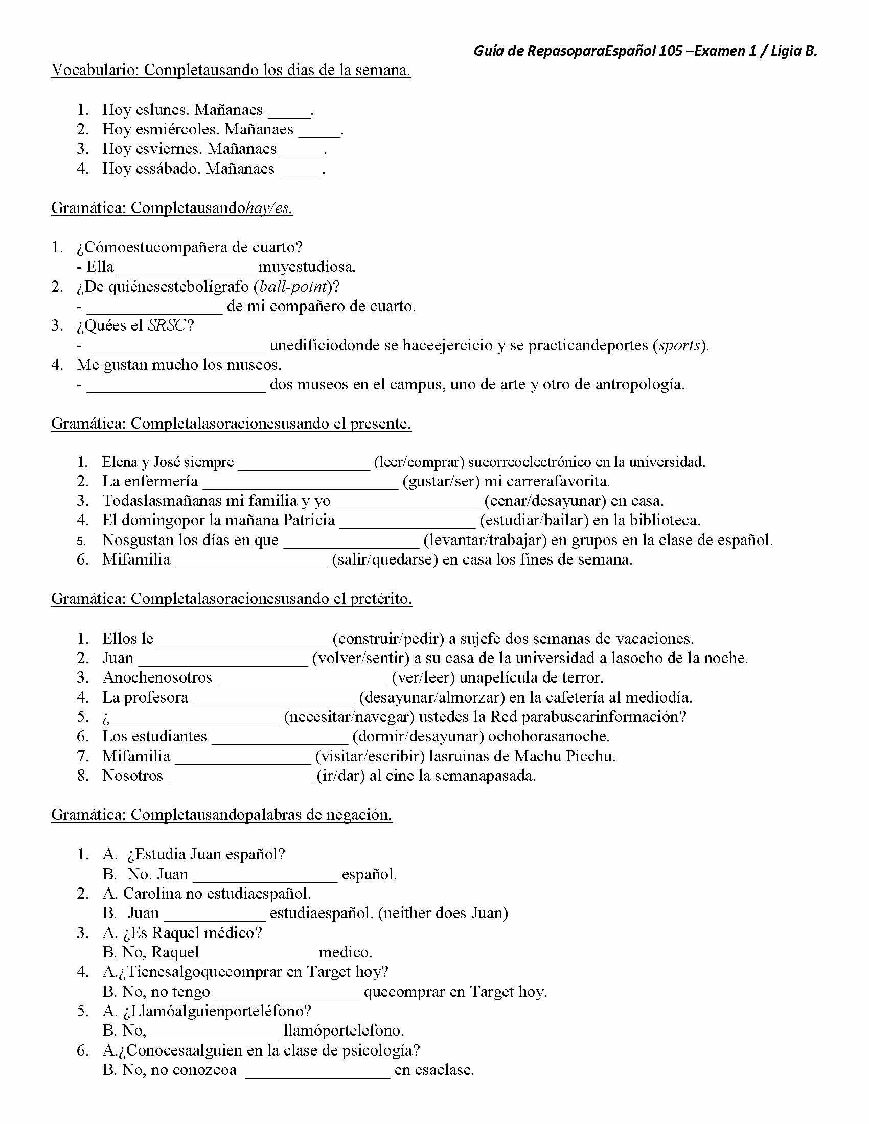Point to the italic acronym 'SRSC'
tap(165, 326)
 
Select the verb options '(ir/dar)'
tap(340, 776)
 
